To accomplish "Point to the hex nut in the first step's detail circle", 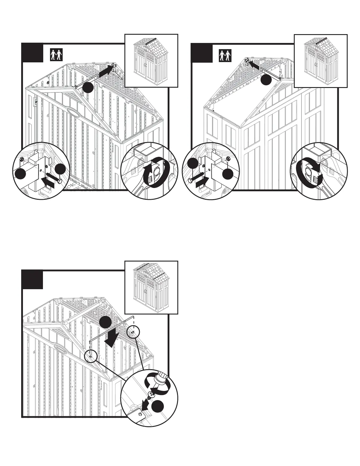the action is [x=22, y=159].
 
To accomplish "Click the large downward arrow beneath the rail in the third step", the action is [x=113, y=339].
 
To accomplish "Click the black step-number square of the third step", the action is [x=32, y=280].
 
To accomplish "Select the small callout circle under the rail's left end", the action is [x=91, y=356].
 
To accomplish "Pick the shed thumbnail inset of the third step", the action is [x=151, y=287].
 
